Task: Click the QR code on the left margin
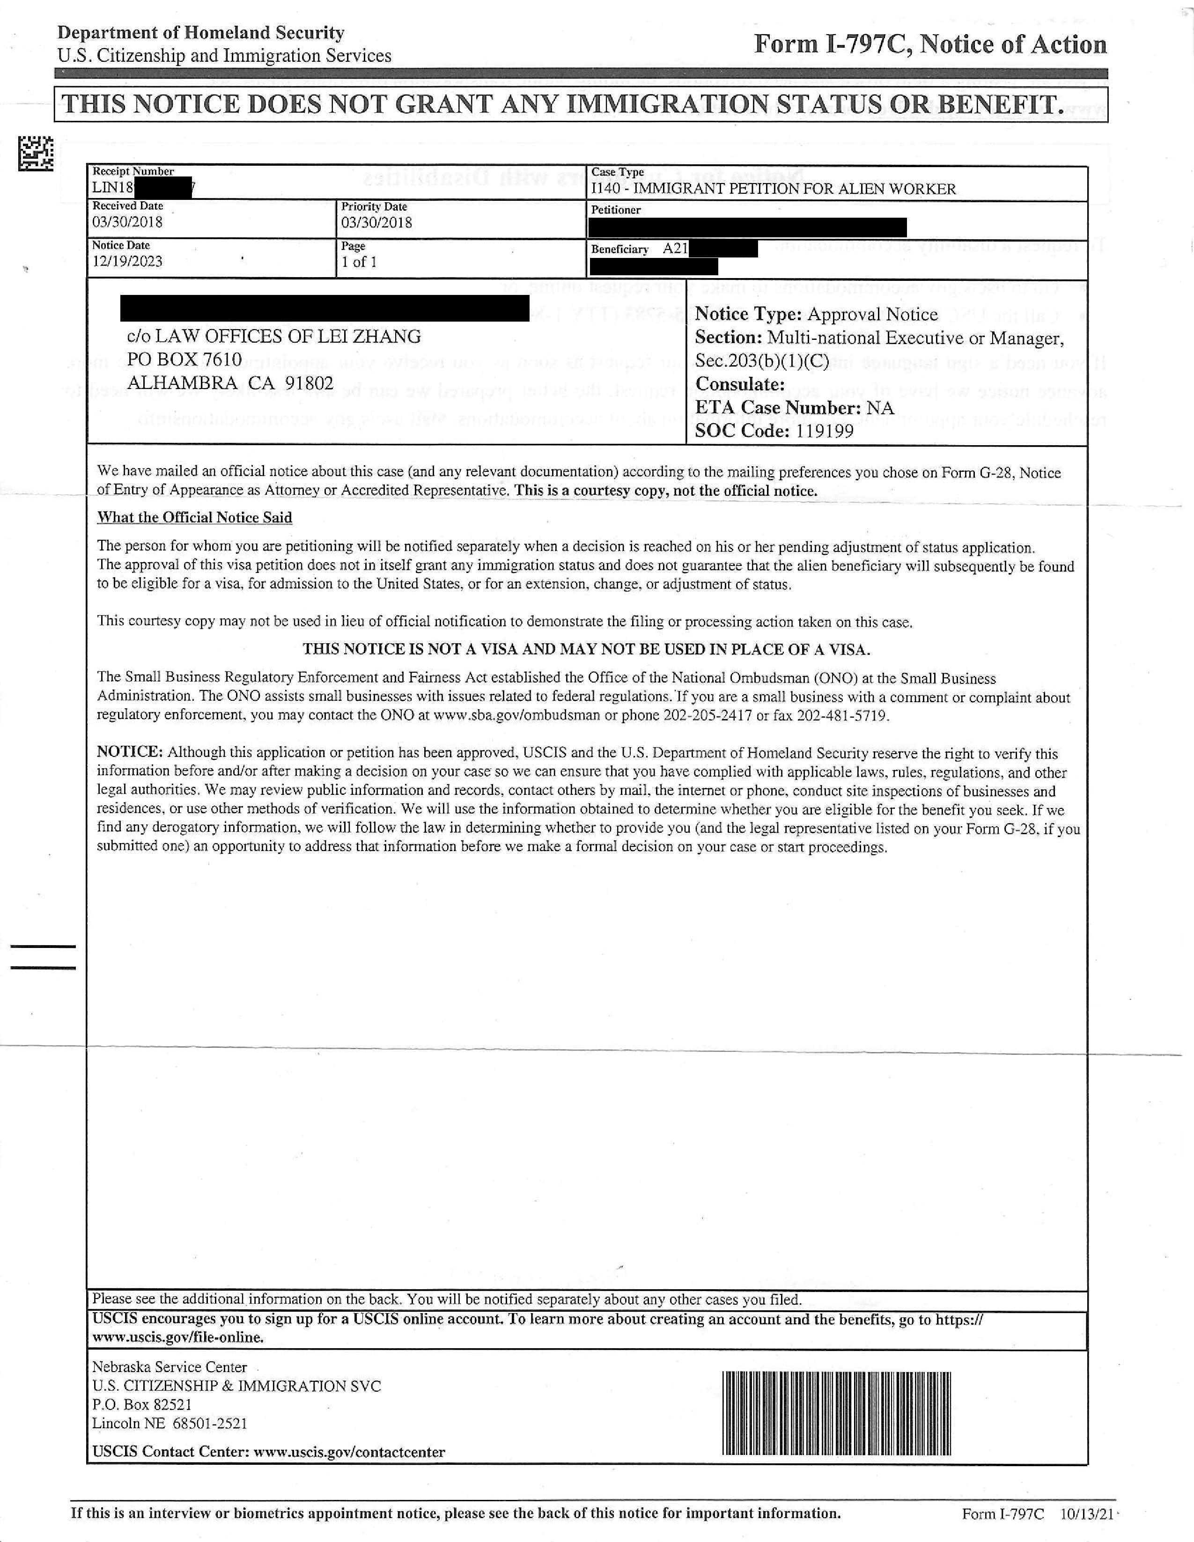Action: coord(35,153)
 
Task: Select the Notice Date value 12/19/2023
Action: coord(127,261)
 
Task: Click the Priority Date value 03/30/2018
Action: coord(376,222)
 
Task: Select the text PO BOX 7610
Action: coord(184,360)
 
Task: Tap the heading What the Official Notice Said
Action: coord(194,518)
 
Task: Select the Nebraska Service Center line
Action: coord(170,1367)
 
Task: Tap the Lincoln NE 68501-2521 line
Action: coord(170,1424)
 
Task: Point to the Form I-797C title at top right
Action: coord(930,44)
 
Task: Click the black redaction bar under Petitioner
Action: coord(747,228)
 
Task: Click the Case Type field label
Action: coord(617,172)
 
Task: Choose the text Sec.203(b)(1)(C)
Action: coord(762,361)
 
